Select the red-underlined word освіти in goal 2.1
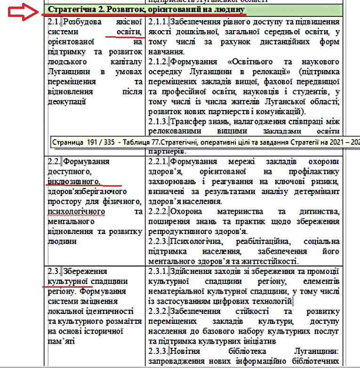point(128,31)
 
